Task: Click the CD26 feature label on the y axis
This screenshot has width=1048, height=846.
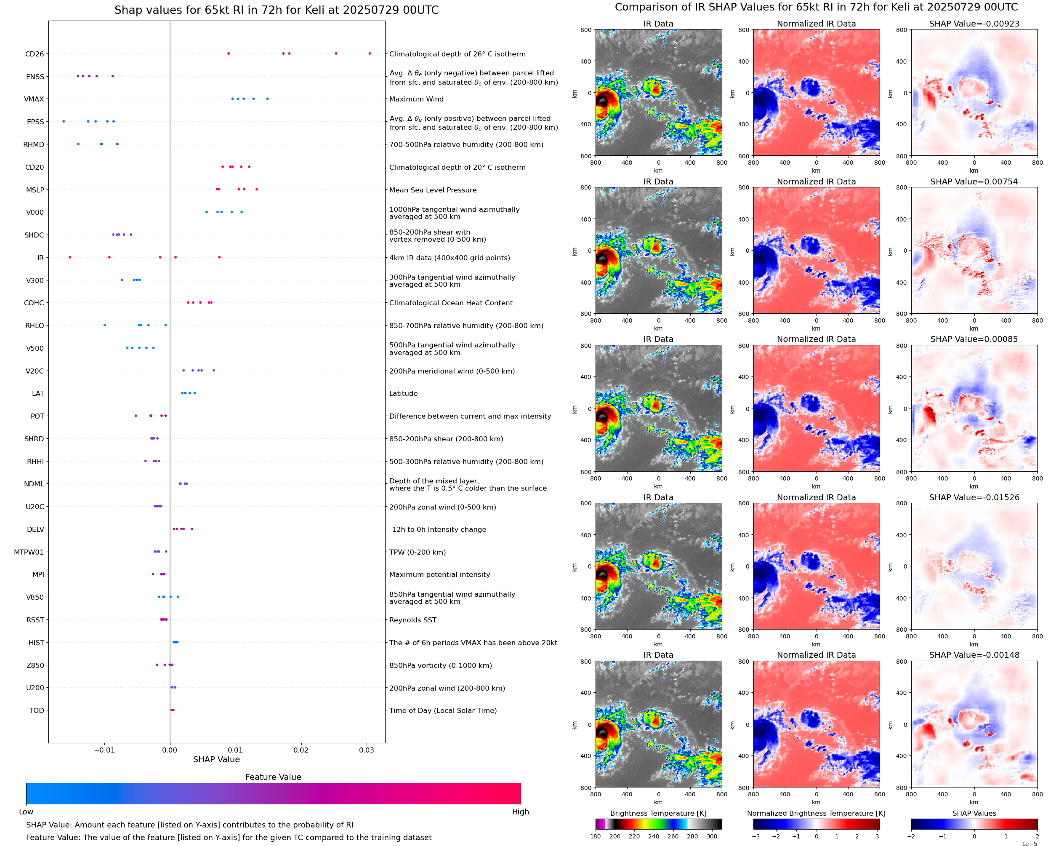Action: (34, 54)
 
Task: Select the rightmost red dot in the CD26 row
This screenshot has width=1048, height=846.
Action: (370, 53)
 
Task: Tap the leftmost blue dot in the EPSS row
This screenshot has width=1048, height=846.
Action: (64, 121)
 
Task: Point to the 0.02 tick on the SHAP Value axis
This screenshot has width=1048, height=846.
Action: (301, 750)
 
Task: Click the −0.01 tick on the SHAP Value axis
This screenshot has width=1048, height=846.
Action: (104, 750)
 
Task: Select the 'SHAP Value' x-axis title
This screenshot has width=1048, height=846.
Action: (216, 759)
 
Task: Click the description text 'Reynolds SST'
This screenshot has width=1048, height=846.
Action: (412, 620)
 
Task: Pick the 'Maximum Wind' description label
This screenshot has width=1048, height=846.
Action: (416, 99)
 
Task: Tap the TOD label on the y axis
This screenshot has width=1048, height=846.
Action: (37, 710)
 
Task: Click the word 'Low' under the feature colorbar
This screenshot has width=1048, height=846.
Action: (26, 812)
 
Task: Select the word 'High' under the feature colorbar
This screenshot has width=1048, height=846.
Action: (520, 812)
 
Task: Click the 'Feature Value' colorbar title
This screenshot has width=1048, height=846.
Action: (273, 777)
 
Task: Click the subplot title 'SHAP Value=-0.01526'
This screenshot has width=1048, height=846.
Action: (974, 498)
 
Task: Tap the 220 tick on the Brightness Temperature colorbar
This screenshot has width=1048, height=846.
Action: (634, 836)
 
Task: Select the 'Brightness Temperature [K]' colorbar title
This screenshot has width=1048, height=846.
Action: (658, 813)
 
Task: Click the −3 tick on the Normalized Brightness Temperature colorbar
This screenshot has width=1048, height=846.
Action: (756, 836)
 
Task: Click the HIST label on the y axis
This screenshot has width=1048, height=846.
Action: (36, 643)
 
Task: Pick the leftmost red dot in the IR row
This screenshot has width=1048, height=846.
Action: (69, 257)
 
